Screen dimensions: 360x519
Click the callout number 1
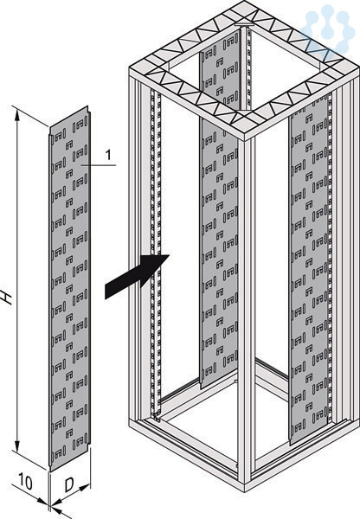click(108, 155)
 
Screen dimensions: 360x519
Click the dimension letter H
click(6, 297)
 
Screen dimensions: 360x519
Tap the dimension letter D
click(69, 485)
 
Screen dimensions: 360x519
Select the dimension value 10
click(25, 482)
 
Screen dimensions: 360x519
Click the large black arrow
click(137, 276)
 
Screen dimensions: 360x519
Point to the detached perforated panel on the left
click(69, 288)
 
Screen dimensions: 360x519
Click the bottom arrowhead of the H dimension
click(17, 446)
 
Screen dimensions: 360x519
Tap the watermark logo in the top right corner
click(327, 29)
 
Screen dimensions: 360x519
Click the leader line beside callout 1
click(99, 164)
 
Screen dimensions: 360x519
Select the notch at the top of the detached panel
click(88, 110)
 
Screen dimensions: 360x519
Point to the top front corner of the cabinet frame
click(245, 139)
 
